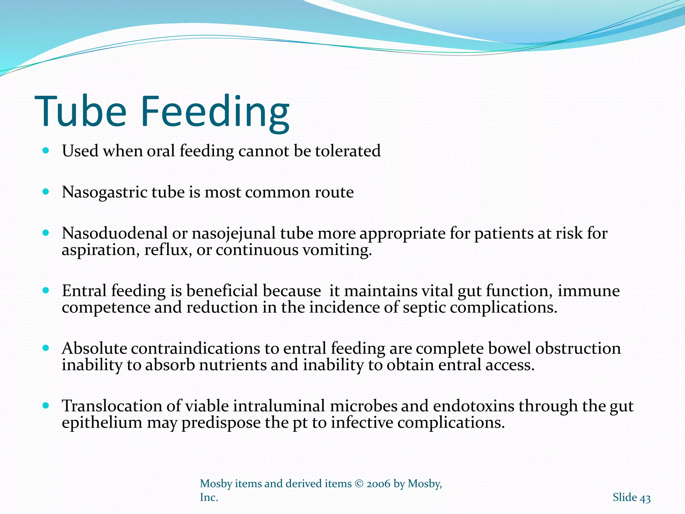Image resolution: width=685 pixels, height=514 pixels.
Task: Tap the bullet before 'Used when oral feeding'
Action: point(46,151)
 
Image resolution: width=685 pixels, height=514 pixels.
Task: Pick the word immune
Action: point(588,291)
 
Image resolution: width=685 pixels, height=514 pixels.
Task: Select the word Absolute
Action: point(94,348)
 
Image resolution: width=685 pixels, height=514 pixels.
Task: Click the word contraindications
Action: point(195,348)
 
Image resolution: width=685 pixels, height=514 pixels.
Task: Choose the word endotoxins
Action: point(474,406)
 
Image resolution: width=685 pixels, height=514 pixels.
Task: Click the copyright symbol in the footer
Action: point(359,484)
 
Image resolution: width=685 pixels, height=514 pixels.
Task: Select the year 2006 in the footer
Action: point(378,484)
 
